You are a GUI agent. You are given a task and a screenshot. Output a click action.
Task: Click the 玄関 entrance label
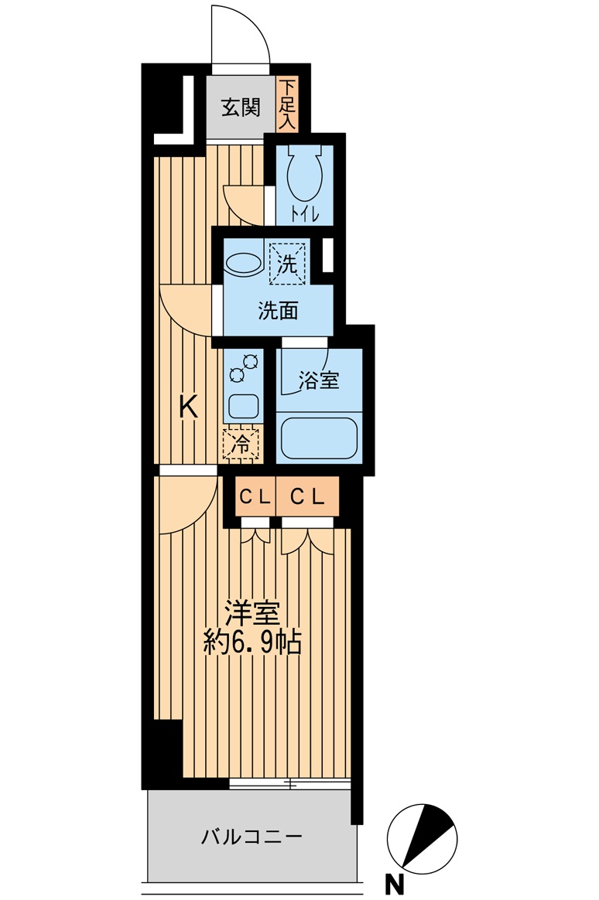(x=241, y=107)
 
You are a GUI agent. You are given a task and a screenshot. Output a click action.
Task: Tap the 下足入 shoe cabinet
(x=287, y=104)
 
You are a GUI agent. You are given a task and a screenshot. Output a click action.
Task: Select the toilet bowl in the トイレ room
(x=305, y=174)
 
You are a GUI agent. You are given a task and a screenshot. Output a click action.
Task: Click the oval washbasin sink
(x=243, y=264)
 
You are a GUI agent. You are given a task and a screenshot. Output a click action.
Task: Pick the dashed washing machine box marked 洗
(x=287, y=264)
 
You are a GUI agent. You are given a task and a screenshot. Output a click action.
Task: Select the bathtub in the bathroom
(x=319, y=438)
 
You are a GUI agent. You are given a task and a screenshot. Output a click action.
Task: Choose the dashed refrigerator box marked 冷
(x=241, y=445)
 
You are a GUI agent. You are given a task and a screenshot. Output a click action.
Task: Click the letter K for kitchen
(x=188, y=406)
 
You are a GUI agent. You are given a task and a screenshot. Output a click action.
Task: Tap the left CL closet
(x=255, y=497)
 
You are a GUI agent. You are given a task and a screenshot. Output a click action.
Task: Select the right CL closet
(x=307, y=497)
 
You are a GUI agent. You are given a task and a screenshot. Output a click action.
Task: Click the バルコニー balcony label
(x=252, y=837)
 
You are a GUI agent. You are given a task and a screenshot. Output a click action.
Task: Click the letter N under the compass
(x=395, y=883)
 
